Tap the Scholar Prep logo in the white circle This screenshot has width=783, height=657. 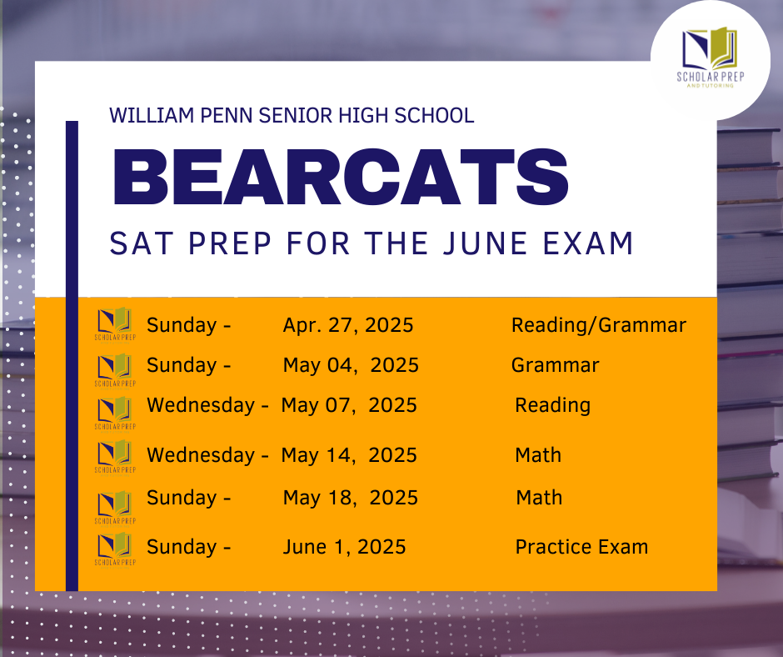click(711, 58)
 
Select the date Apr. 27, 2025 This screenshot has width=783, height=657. click(348, 325)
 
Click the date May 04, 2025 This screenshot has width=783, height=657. click(351, 365)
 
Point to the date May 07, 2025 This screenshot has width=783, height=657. click(349, 405)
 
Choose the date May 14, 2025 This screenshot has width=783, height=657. click(349, 455)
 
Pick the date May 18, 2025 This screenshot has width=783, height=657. click(351, 498)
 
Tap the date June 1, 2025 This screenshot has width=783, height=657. click(344, 547)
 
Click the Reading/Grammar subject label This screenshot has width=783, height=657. click(599, 325)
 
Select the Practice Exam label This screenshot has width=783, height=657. click(581, 547)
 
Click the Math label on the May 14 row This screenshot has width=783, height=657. click(538, 455)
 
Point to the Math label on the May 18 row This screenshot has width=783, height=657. click(539, 498)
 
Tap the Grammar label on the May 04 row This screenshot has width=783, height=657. click(555, 365)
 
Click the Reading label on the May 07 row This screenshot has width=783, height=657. click(552, 405)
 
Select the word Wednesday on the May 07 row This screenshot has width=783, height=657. click(201, 405)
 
